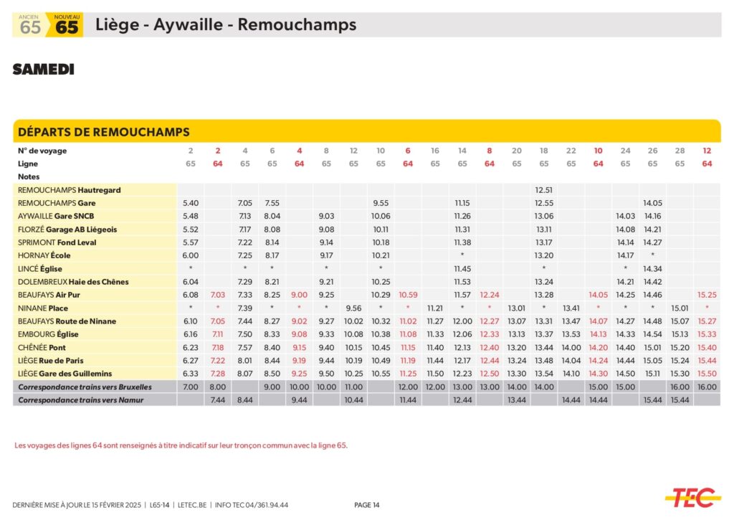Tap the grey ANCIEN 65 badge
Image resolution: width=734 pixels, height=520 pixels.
coord(30,25)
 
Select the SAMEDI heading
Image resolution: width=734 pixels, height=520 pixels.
coord(43,70)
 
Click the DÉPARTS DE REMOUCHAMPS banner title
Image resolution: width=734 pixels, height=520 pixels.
coord(103,132)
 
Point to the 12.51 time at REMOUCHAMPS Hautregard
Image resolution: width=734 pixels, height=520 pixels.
coord(543,190)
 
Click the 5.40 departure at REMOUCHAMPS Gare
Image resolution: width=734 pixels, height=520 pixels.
coord(191,203)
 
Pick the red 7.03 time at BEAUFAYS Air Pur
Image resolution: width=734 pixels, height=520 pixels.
coord(218,295)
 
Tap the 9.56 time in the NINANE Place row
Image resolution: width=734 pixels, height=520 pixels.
coord(353,308)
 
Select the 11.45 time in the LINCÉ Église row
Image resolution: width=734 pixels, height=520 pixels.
coord(462,269)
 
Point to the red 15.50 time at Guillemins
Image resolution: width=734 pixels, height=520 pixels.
coord(707,374)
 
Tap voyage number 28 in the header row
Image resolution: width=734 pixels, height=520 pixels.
coord(680,151)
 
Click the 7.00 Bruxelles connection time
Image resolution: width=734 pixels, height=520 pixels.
coord(191,387)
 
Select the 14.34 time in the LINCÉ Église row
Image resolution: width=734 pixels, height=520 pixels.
coord(652,269)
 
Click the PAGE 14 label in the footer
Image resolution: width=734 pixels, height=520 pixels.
coord(367,505)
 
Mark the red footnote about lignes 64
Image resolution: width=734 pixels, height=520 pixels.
coord(181,445)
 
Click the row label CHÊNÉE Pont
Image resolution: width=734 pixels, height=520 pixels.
coord(42,347)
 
